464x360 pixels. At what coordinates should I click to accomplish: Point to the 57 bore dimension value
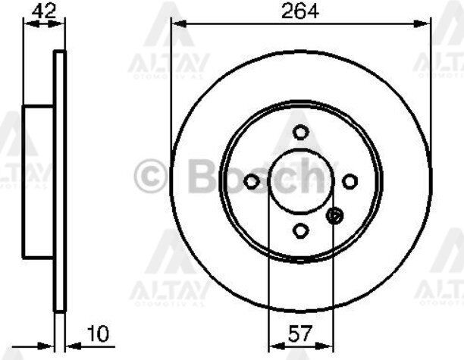301,333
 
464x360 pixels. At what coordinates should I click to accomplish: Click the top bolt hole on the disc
301,133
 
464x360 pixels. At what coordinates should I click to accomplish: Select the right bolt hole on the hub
350,181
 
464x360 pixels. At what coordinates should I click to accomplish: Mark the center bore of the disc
301,181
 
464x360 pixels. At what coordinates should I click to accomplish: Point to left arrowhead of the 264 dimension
177,24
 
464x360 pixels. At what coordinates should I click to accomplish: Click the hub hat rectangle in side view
39,181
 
